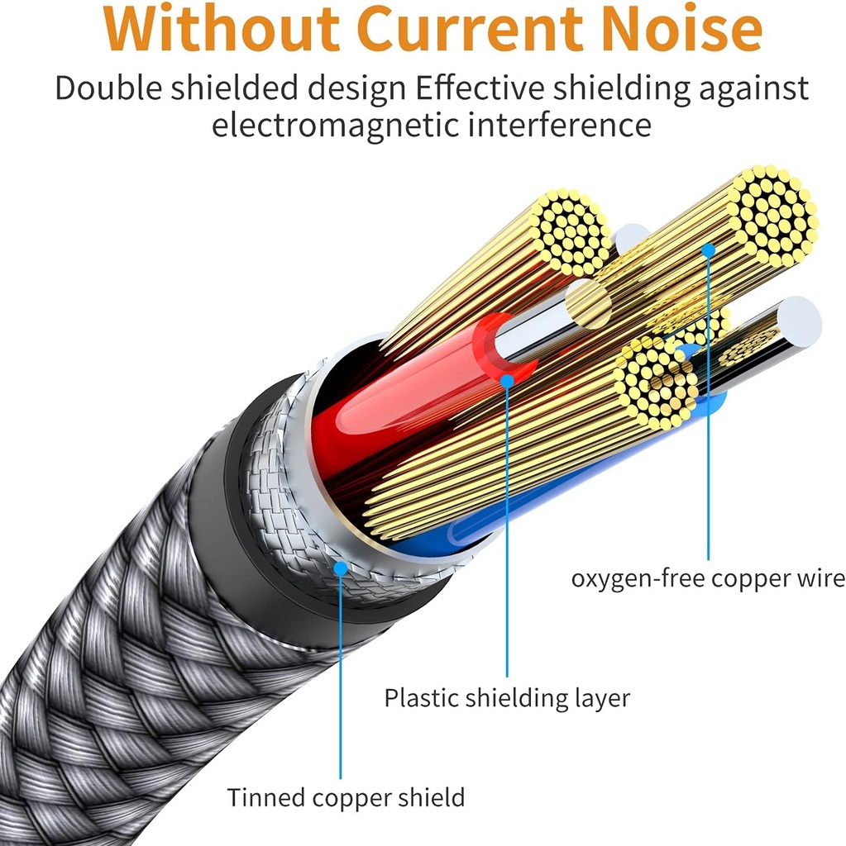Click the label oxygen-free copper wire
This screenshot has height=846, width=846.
click(x=707, y=578)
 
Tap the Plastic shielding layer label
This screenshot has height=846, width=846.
click(x=506, y=698)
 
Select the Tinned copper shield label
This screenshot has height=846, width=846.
click(x=346, y=798)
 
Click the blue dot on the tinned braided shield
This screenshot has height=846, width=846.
click(x=340, y=568)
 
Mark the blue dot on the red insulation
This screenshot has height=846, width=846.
click(x=507, y=380)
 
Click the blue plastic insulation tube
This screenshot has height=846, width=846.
click(x=463, y=529)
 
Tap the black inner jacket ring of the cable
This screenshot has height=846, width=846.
click(x=240, y=529)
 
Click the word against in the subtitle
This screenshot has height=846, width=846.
click(x=753, y=88)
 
